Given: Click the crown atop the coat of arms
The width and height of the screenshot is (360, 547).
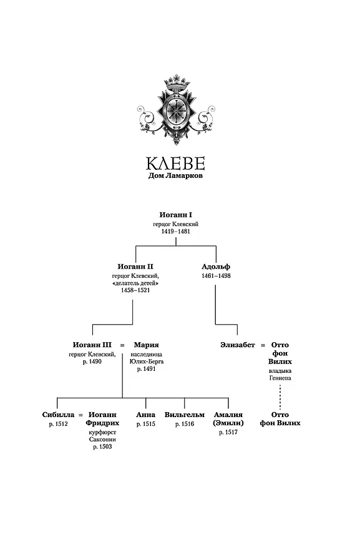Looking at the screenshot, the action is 177,82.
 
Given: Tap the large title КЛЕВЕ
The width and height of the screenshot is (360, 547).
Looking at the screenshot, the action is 176,163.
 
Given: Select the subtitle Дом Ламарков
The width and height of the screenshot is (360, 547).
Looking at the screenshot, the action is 176,176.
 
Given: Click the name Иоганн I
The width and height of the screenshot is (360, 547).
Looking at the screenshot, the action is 176,215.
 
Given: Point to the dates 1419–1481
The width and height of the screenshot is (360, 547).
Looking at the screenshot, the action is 176,231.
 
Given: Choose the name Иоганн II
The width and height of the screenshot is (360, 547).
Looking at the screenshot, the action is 135,267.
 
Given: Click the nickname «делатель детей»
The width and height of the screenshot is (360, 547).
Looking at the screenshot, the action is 135,283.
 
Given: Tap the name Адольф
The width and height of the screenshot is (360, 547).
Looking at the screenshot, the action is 216,267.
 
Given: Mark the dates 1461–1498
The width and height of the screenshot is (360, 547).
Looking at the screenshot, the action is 216,275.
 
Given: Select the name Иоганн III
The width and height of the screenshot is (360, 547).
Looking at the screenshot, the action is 92,345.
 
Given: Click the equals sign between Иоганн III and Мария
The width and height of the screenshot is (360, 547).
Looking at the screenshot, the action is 122,345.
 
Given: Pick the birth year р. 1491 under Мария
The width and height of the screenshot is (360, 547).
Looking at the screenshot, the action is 147,369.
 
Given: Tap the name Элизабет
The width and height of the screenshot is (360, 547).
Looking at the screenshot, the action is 238,345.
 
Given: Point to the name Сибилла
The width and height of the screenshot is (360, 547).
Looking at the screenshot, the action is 58,415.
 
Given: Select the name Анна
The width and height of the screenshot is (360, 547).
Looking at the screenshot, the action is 145,415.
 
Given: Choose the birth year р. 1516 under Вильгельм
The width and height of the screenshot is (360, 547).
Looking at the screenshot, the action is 185,424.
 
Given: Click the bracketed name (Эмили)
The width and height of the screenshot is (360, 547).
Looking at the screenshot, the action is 228,423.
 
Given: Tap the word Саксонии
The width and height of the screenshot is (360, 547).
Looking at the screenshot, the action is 102,440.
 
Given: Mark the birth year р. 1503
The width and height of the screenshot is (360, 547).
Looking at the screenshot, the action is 102,447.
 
